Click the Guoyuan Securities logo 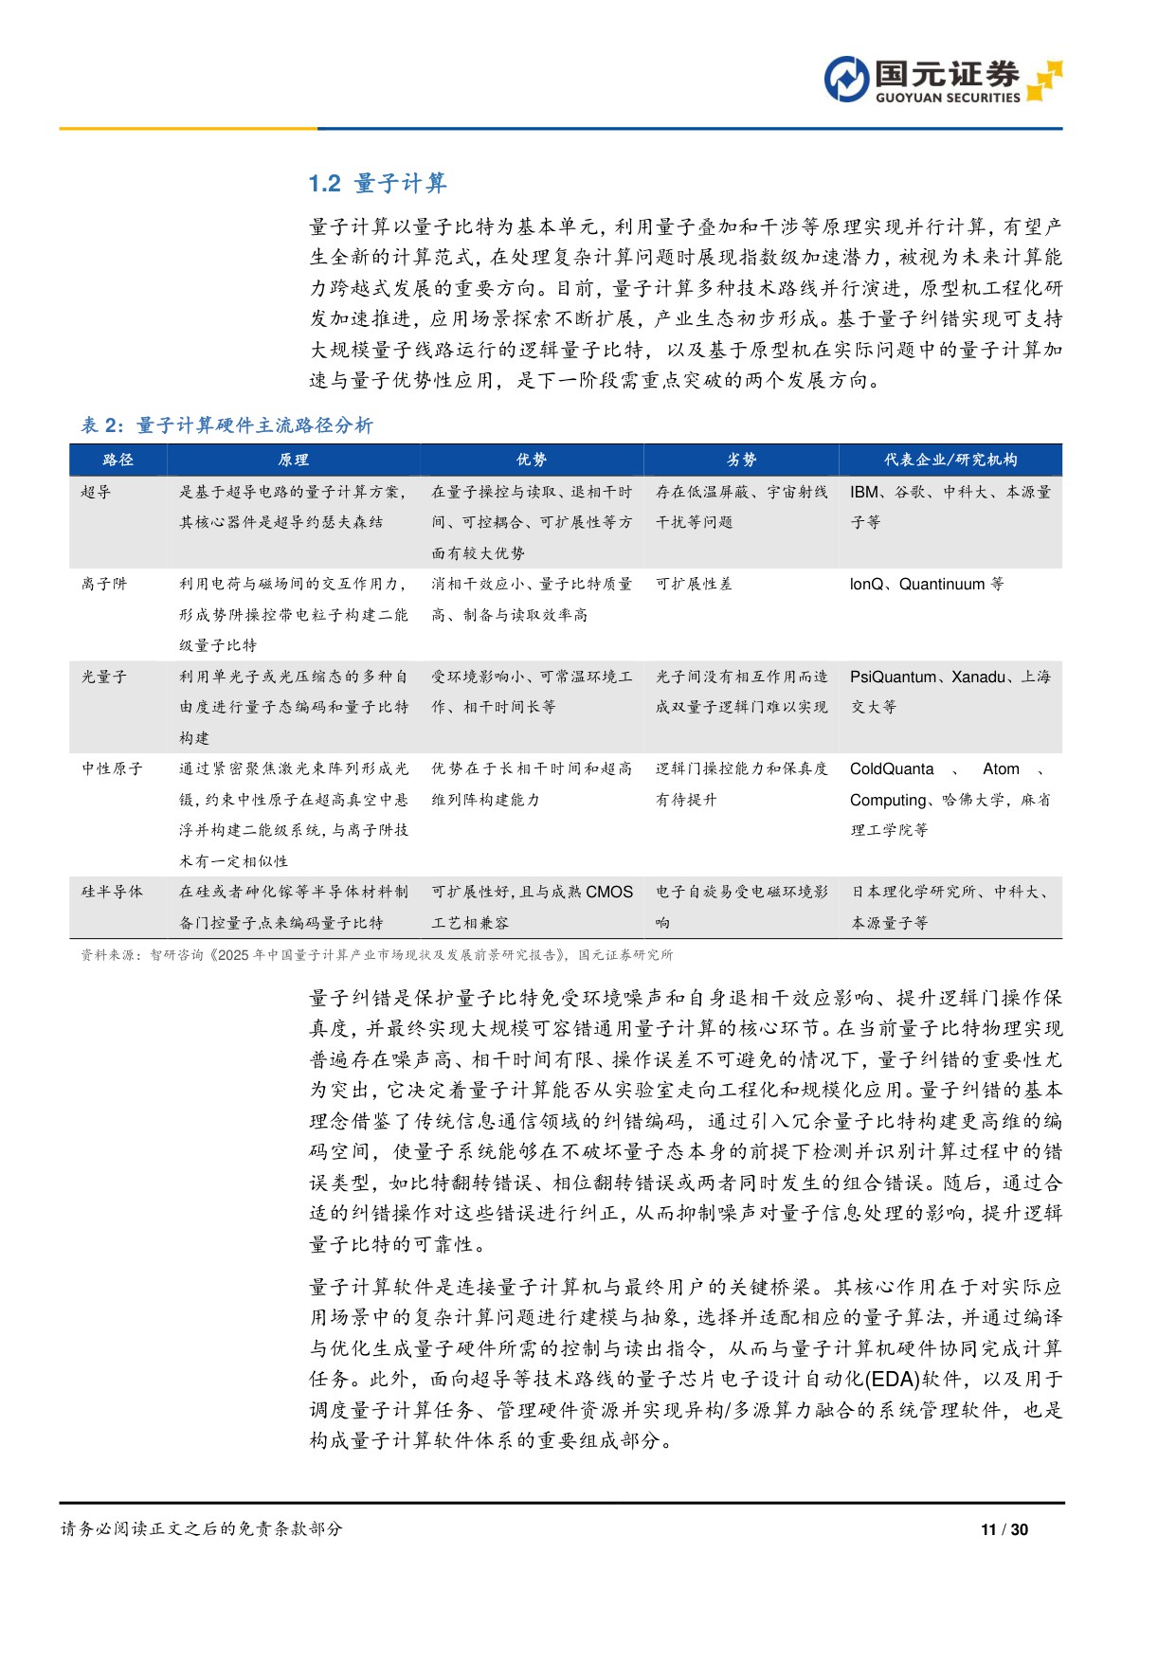pyautogui.click(x=942, y=80)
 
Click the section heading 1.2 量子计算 pyautogui.click(x=377, y=183)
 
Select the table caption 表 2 pyautogui.click(x=226, y=425)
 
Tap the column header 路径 pyautogui.click(x=118, y=460)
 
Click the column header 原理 pyautogui.click(x=294, y=460)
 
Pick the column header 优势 pyautogui.click(x=532, y=460)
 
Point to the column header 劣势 pyautogui.click(x=741, y=460)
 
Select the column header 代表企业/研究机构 pyautogui.click(x=950, y=460)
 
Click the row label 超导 pyautogui.click(x=97, y=492)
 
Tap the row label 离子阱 pyautogui.click(x=104, y=584)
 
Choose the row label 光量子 pyautogui.click(x=104, y=677)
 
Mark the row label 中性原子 pyautogui.click(x=112, y=768)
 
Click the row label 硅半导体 pyautogui.click(x=112, y=892)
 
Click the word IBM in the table pyautogui.click(x=864, y=492)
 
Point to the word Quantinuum pyautogui.click(x=942, y=584)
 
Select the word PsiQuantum pyautogui.click(x=893, y=677)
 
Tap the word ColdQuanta pyautogui.click(x=892, y=768)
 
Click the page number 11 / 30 pyautogui.click(x=1004, y=1529)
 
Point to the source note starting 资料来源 pyautogui.click(x=376, y=955)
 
